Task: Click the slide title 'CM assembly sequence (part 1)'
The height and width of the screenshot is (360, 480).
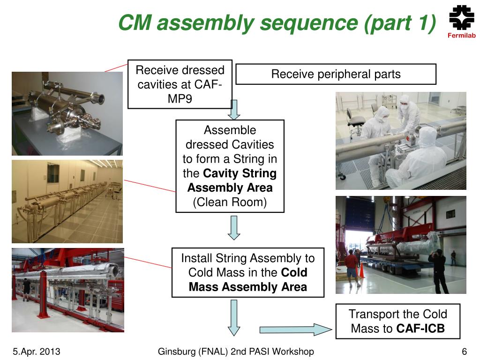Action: pyautogui.click(x=277, y=23)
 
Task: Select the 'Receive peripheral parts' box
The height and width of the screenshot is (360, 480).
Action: pyautogui.click(x=336, y=74)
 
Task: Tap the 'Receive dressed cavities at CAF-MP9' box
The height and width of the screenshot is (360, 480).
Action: pyautogui.click(x=180, y=84)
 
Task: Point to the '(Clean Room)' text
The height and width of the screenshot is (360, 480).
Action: pyautogui.click(x=230, y=202)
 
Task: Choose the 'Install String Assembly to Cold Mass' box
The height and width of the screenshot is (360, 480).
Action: pyautogui.click(x=247, y=272)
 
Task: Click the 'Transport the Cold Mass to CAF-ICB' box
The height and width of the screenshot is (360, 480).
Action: pyautogui.click(x=397, y=321)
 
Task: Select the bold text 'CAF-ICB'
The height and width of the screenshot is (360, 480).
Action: pyautogui.click(x=420, y=329)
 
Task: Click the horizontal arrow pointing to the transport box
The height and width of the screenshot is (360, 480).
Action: pyautogui.click(x=296, y=330)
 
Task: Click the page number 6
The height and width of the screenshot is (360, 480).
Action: pyautogui.click(x=464, y=352)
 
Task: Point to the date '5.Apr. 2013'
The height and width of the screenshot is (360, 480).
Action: pyautogui.click(x=37, y=352)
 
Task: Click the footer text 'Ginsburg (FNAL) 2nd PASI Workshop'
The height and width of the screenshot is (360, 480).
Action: pyautogui.click(x=236, y=352)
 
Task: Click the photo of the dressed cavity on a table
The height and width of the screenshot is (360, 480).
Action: pyautogui.click(x=67, y=113)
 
